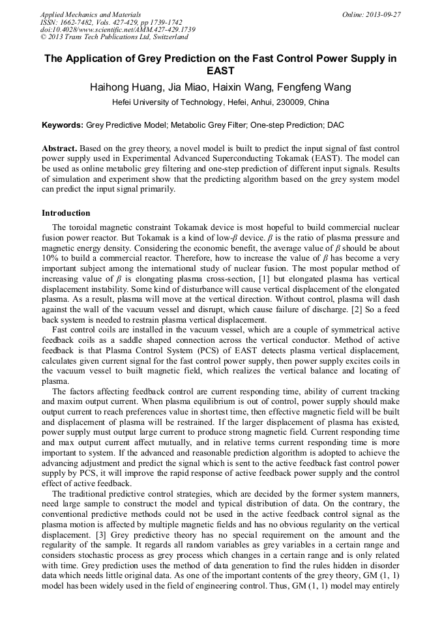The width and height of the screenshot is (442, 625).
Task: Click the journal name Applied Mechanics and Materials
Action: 91,14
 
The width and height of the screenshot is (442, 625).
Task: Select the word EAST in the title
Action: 220,71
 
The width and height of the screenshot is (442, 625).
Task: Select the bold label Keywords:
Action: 63,124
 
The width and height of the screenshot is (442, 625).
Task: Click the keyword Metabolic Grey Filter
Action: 203,124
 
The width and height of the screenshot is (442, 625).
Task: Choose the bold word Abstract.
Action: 59,149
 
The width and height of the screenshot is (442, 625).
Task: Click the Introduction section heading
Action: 66,213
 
